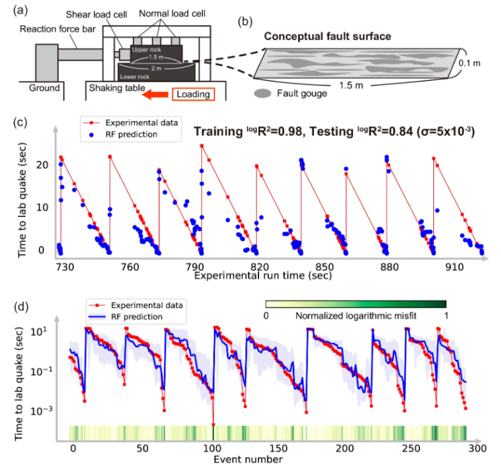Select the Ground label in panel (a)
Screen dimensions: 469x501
coord(44,88)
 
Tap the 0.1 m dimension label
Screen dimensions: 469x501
coord(468,63)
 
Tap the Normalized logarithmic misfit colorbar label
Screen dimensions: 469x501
coord(355,316)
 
